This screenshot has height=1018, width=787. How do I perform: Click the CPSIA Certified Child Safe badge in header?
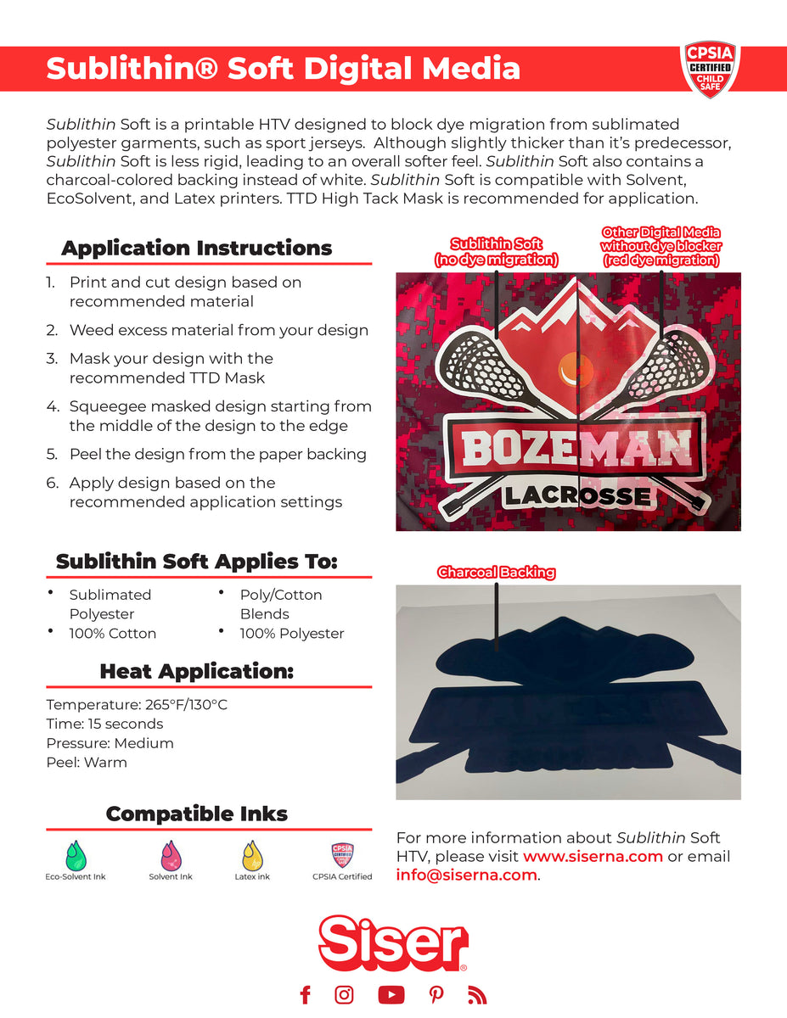tap(710, 69)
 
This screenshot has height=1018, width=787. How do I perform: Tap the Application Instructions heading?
tap(196, 249)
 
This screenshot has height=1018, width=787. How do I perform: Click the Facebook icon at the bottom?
tap(306, 994)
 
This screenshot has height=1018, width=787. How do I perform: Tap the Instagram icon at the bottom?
tap(344, 994)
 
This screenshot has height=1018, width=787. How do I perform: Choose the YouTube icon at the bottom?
tap(391, 994)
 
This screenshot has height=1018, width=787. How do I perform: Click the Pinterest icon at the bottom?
tap(436, 994)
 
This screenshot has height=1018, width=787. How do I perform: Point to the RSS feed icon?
tap(476, 994)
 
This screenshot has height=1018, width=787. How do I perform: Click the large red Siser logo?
tap(393, 942)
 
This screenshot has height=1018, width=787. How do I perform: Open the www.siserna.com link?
tap(593, 856)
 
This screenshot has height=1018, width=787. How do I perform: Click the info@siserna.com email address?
tap(466, 875)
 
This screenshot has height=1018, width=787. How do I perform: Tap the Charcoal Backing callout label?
tap(496, 573)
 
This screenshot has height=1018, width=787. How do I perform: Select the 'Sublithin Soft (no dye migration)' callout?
tap(496, 252)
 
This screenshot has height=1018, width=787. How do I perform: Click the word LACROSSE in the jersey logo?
tap(577, 496)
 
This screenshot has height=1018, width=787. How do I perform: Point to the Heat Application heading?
tap(196, 672)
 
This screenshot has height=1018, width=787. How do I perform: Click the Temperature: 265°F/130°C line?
tap(137, 705)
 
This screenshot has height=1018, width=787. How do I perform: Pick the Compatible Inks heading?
tap(196, 814)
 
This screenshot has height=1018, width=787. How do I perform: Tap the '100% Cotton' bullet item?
tap(112, 634)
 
